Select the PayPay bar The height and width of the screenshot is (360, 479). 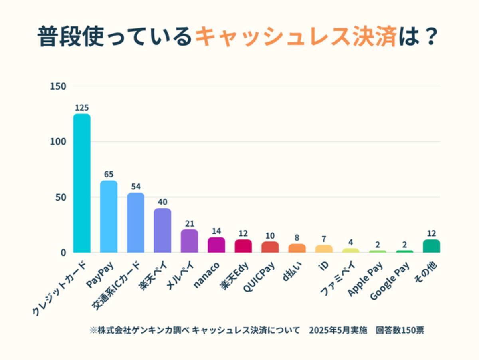109,217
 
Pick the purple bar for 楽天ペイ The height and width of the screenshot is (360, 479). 162,230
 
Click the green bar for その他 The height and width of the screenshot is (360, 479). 431,246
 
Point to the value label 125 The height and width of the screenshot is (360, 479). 81,108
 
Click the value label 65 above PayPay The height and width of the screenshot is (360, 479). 109,175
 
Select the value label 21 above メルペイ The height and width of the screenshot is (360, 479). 189,223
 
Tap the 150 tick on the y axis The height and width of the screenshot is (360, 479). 58,86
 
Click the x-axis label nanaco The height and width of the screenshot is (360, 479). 206,274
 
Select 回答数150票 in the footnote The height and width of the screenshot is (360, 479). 400,331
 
